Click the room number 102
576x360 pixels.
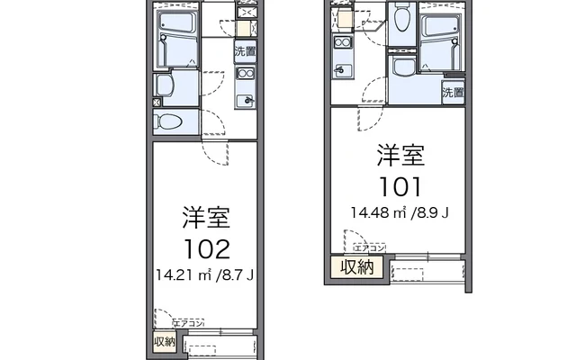[x=207, y=248]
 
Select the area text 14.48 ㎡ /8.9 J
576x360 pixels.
[x=400, y=212]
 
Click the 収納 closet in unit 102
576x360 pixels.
[x=164, y=342]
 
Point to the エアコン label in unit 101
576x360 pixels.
[x=369, y=247]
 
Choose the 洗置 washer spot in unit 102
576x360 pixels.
[x=245, y=51]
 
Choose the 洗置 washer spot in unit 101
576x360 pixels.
[x=452, y=92]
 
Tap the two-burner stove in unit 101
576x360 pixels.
[x=342, y=42]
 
